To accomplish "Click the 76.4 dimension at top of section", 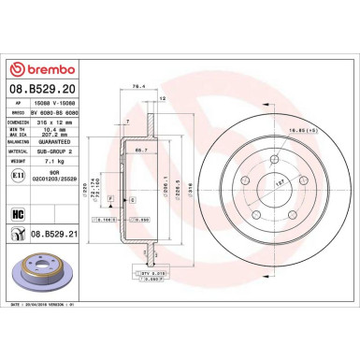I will [x=140, y=85].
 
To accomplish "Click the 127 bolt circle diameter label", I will [x=279, y=185].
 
